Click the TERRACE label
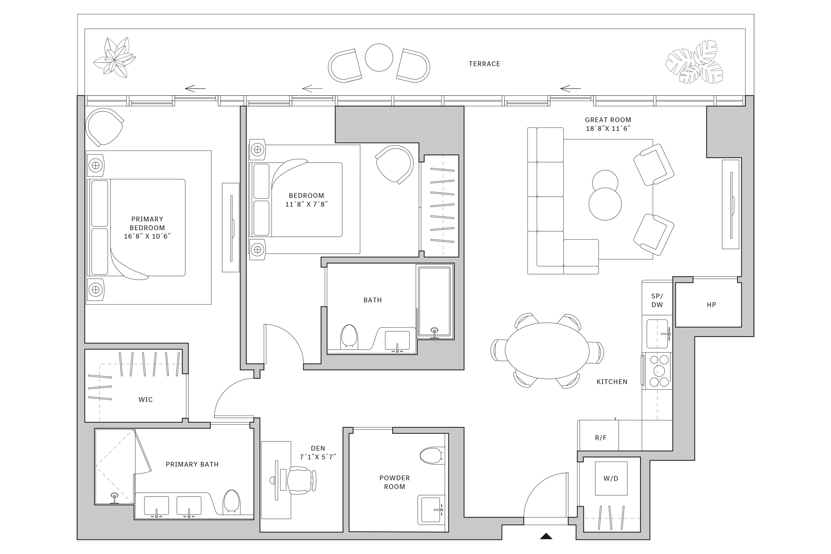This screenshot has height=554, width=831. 484,64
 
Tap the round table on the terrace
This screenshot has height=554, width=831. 379,57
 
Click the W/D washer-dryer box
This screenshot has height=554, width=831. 611,479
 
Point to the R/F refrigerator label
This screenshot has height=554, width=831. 601,438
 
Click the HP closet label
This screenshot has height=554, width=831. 711,305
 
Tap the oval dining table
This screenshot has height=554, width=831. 547,350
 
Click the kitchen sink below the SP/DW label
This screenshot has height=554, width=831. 657,333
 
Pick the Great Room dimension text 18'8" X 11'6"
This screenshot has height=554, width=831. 608,128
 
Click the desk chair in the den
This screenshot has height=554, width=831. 300,480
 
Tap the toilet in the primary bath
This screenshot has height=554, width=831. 232,501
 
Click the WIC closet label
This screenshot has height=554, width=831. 145,400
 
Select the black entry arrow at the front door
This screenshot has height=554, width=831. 546,536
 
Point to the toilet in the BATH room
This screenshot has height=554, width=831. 349,336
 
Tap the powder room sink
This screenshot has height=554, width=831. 430,509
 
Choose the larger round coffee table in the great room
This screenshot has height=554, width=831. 605,204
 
